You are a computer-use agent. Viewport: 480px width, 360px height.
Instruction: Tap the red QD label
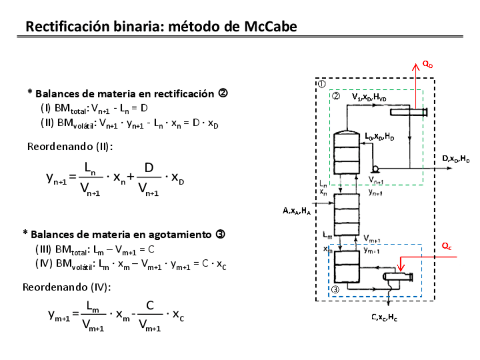[x=427, y=65]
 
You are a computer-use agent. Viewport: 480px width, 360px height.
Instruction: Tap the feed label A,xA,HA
[x=297, y=211]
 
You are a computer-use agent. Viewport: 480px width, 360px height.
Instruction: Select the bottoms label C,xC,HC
[x=384, y=318]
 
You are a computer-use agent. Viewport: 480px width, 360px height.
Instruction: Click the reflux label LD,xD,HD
[x=379, y=137]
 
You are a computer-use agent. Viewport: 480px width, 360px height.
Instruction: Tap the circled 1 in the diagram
[x=321, y=83]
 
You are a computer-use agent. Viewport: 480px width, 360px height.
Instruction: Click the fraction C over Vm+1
[x=149, y=315]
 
